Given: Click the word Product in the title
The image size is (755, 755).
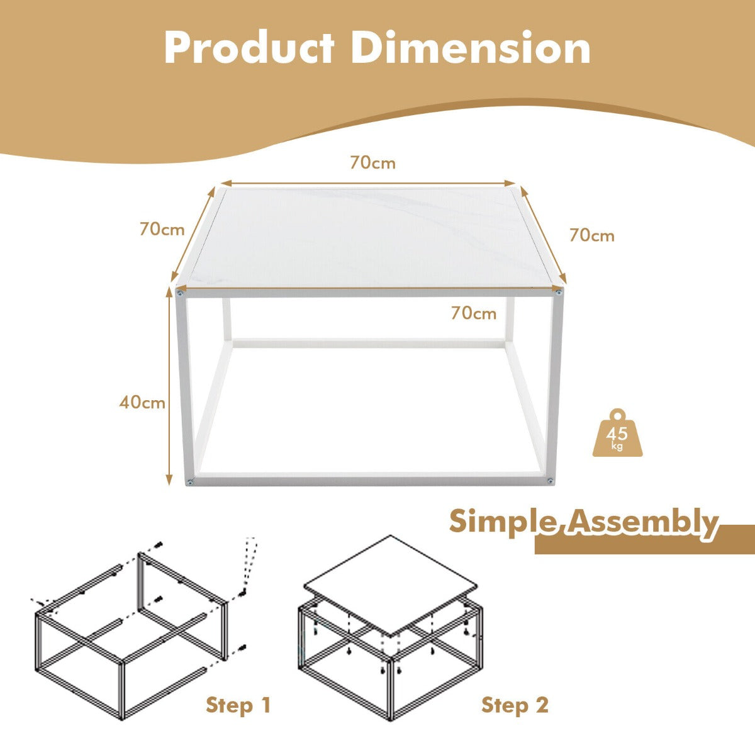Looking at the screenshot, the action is pyautogui.click(x=250, y=48).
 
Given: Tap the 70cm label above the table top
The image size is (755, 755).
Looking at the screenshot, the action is pyautogui.click(x=372, y=162).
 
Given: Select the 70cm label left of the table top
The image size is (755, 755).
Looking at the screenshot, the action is pyautogui.click(x=162, y=230).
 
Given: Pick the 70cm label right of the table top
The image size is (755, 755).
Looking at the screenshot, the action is pyautogui.click(x=592, y=235).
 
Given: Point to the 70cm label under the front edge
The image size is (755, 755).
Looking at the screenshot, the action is pyautogui.click(x=474, y=313).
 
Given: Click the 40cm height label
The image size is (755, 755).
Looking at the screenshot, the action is pyautogui.click(x=142, y=403).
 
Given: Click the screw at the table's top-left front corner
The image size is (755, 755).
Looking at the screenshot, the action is pyautogui.click(x=180, y=293).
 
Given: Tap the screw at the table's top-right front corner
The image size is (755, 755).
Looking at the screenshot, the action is pyautogui.click(x=557, y=291).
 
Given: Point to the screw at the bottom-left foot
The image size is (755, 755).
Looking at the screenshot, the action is pyautogui.click(x=190, y=483).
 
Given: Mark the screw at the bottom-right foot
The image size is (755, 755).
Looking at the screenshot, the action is pyautogui.click(x=550, y=480).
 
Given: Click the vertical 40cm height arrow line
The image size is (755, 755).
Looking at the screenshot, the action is pyautogui.click(x=169, y=386).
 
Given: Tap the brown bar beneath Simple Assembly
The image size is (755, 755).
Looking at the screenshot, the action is pyautogui.click(x=644, y=539).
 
